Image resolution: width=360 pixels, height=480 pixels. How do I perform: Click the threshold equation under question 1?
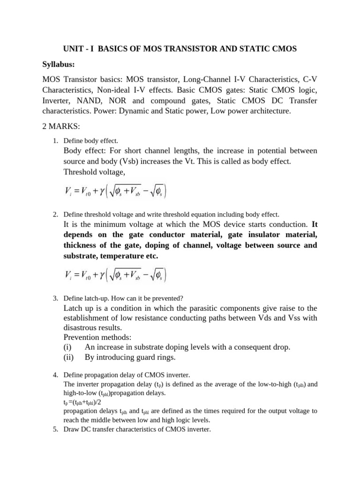tap(115, 192)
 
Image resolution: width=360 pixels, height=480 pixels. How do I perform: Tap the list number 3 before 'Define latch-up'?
tap(55, 298)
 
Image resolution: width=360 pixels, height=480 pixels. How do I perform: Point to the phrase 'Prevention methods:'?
tap(97, 337)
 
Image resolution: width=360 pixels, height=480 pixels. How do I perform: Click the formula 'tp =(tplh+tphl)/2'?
tap(82, 402)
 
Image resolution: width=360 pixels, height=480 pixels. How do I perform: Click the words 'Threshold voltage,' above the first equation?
tap(94, 172)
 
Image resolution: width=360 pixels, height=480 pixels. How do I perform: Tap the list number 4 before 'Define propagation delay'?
tap(55, 375)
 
